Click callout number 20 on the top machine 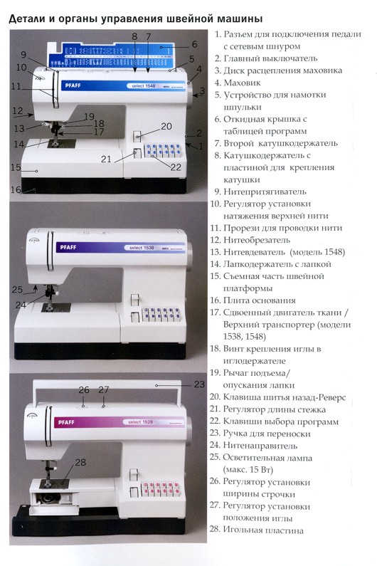(166, 126)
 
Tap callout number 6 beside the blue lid (193, 43)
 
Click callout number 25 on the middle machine (18, 289)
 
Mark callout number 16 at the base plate (15, 189)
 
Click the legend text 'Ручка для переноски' (267, 434)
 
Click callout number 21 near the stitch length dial (106, 159)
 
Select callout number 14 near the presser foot (16, 144)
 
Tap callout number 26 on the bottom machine (84, 389)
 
